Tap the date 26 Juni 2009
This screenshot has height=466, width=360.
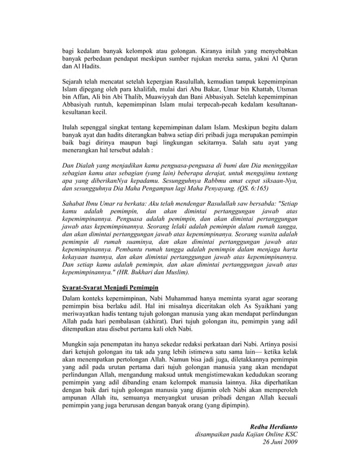[x=280, y=442]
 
